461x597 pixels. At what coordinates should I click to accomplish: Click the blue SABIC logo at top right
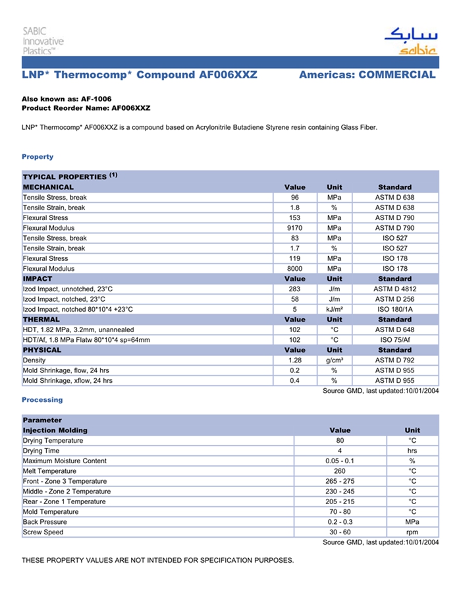(x=411, y=41)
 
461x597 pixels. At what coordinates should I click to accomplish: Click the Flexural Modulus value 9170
(x=294, y=228)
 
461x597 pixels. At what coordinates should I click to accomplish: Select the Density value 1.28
(x=294, y=360)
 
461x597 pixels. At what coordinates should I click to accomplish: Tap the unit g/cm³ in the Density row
(x=334, y=360)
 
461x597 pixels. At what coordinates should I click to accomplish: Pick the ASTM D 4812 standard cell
(x=394, y=289)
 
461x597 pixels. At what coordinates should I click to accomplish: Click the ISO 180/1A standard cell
(x=394, y=309)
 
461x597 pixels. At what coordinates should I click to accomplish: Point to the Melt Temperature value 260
(x=340, y=471)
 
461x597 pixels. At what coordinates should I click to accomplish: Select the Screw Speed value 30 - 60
(x=340, y=532)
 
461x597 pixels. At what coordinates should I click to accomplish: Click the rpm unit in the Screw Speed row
(x=412, y=532)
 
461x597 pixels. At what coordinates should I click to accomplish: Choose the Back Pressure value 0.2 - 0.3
(x=340, y=522)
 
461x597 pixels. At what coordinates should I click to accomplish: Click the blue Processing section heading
(x=42, y=400)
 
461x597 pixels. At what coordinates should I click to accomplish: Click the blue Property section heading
(x=38, y=157)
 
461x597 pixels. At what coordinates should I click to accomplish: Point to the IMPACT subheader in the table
(x=38, y=279)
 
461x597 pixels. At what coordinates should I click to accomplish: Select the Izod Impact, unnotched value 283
(x=294, y=289)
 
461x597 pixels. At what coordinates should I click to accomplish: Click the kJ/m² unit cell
(x=334, y=309)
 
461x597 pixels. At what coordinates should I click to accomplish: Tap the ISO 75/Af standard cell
(x=394, y=340)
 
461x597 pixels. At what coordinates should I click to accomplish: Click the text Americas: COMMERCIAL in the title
(x=367, y=75)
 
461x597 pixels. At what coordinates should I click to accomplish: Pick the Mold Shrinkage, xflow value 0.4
(x=294, y=381)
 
